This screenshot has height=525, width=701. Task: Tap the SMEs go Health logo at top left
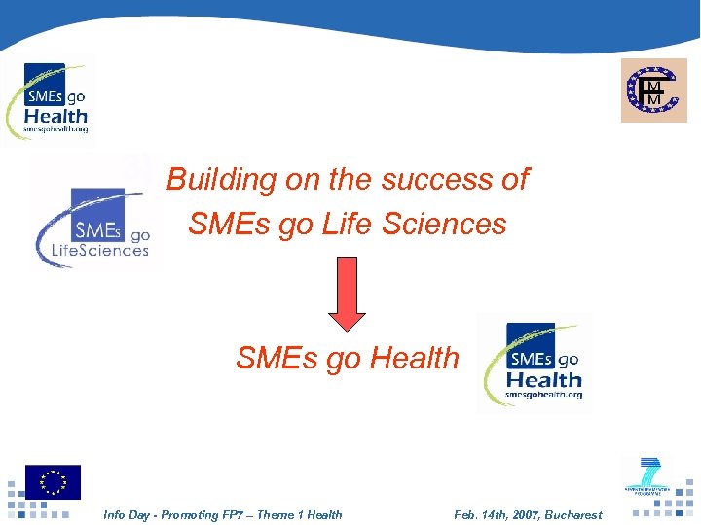coord(53,100)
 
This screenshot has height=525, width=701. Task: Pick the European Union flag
coord(54,482)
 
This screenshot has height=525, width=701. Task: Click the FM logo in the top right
coord(653,90)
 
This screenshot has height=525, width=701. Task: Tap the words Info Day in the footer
coord(127,515)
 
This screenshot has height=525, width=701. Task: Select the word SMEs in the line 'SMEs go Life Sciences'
coord(220,224)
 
